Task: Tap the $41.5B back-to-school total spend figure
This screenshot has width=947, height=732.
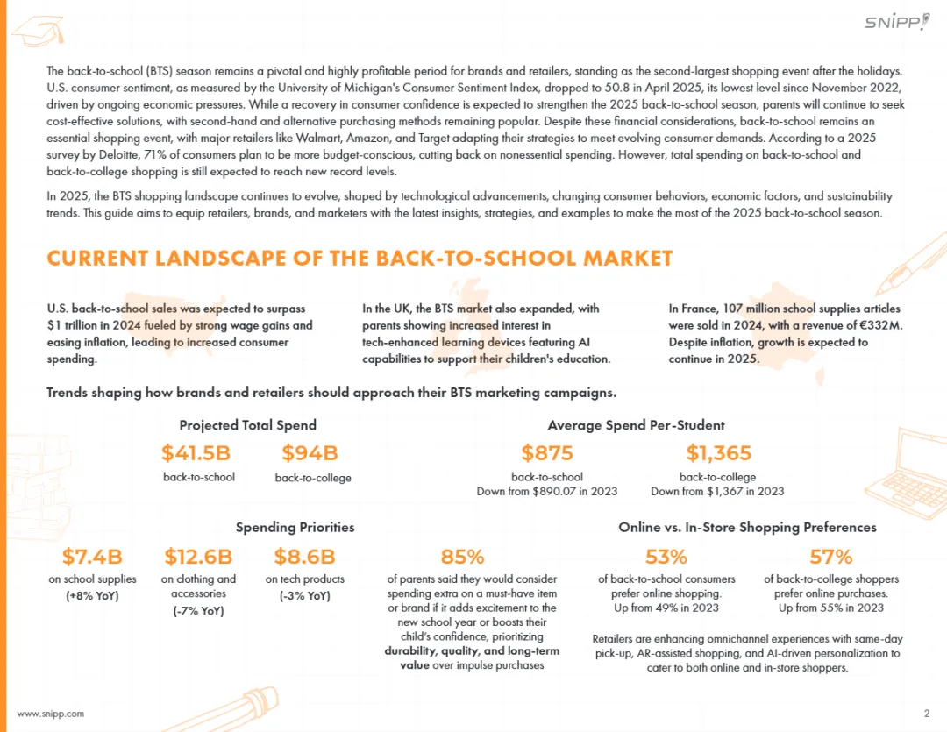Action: point(196,453)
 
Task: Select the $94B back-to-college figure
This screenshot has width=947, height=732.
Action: point(310,453)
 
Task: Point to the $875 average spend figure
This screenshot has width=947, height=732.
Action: point(547,453)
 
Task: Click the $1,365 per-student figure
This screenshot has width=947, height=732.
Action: point(718,453)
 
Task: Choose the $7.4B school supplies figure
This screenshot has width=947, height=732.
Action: point(92,557)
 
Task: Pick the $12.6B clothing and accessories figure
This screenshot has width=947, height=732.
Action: point(198,557)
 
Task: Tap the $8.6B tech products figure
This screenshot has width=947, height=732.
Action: point(304,557)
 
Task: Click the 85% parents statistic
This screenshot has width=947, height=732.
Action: point(462,557)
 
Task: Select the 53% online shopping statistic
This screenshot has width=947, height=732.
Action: point(666,557)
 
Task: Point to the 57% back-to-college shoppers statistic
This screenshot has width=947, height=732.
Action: point(831,557)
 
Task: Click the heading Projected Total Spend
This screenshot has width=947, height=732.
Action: point(247,425)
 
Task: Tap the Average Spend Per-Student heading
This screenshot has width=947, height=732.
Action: point(636,425)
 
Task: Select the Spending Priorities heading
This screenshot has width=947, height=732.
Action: point(295,527)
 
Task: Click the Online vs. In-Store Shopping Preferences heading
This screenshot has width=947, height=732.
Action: point(747,527)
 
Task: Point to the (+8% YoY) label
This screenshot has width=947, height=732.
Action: point(92,596)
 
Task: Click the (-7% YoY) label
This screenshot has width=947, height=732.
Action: point(198,611)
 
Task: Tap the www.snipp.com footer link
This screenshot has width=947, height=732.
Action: point(51,714)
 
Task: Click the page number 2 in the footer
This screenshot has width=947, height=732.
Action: point(927,713)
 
